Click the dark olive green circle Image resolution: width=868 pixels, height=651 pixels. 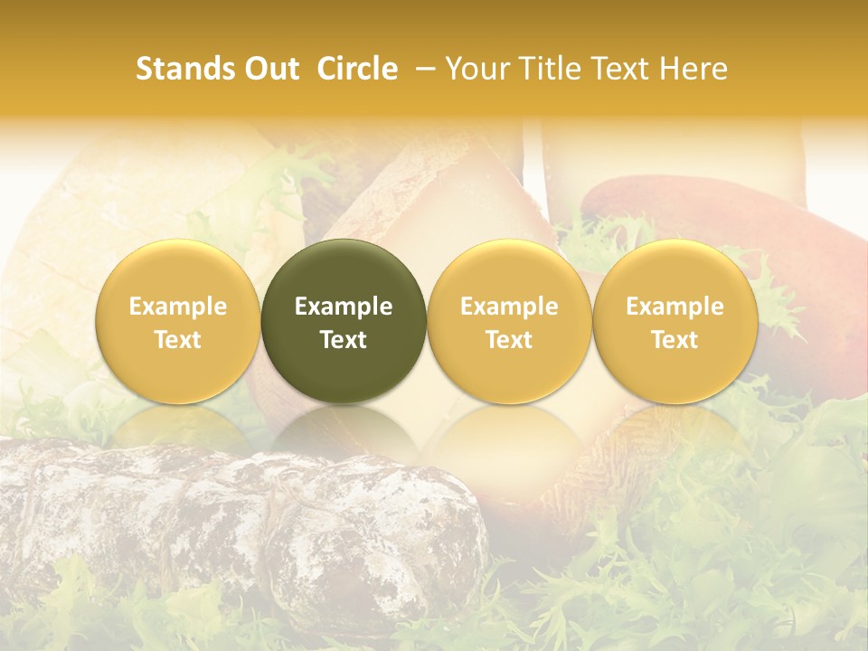[344, 321]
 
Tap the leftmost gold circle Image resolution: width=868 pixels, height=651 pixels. [177, 321]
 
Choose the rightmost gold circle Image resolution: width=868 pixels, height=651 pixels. [675, 321]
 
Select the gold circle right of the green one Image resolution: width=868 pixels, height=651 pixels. [509, 321]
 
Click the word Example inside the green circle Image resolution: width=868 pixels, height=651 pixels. [344, 307]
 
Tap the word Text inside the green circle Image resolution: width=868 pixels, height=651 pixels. [344, 340]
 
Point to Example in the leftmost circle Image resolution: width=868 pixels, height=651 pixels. [177, 307]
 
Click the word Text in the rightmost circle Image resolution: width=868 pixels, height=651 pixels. [675, 340]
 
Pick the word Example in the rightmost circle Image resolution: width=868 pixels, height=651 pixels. [675, 307]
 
